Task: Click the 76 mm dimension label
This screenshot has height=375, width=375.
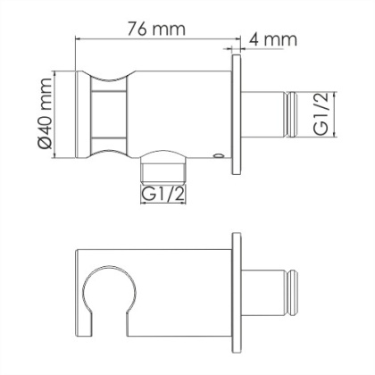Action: click(157, 28)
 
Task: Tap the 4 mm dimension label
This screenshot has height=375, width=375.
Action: click(272, 40)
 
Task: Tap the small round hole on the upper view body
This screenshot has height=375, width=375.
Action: click(218, 160)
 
